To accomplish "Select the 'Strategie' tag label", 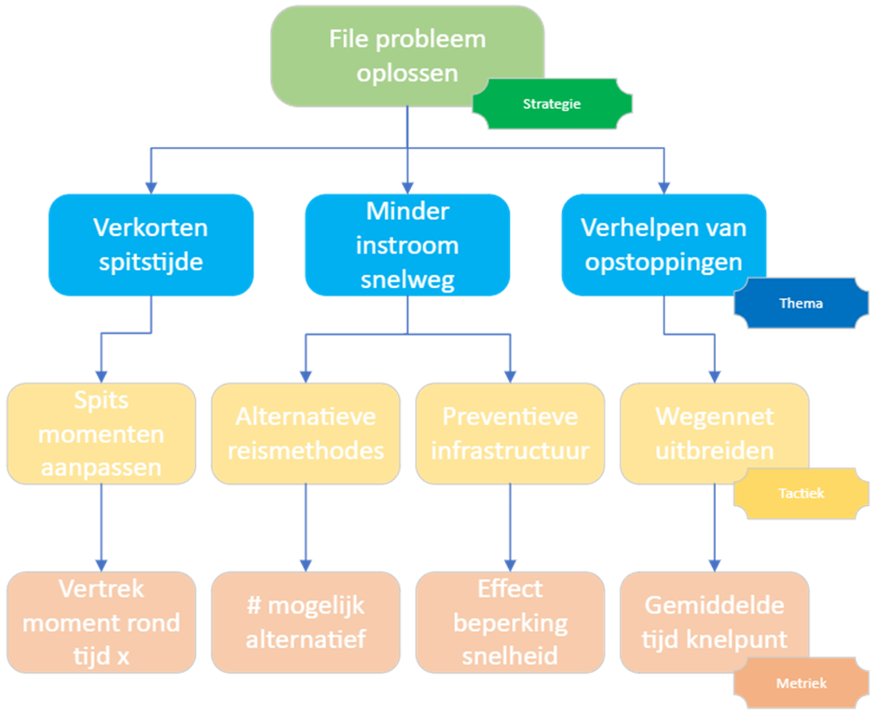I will (x=552, y=103).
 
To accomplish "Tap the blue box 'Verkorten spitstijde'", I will (x=151, y=244).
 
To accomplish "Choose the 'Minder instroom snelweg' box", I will (x=407, y=244).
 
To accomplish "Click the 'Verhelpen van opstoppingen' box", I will (x=664, y=244).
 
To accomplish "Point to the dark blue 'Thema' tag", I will (x=801, y=304).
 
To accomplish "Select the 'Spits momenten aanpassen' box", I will (x=101, y=433).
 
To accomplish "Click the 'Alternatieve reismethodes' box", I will (x=306, y=433).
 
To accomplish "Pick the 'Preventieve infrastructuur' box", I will (x=510, y=433).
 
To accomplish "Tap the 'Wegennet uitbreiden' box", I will (x=714, y=433).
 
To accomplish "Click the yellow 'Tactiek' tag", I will (x=801, y=493).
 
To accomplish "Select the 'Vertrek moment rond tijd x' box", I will (x=101, y=623).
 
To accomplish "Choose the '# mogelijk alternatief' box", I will (x=306, y=623).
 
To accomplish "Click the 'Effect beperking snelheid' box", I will (x=510, y=623).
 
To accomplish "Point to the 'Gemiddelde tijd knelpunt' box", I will (x=714, y=623).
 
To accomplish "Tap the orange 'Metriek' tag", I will (x=801, y=683).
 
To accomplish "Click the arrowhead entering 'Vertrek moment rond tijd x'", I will (x=101, y=563).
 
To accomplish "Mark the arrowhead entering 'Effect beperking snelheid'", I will (x=510, y=563).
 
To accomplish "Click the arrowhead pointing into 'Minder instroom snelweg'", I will (x=407, y=185).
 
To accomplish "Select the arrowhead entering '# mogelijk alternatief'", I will (x=306, y=563).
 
